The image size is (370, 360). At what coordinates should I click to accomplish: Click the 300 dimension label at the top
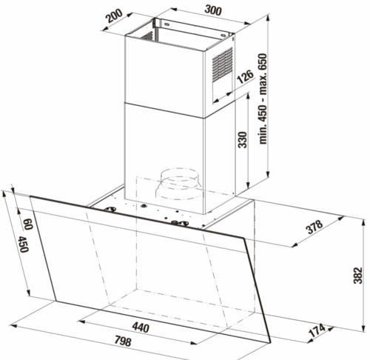213,10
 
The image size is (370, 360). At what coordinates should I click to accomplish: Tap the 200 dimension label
114,16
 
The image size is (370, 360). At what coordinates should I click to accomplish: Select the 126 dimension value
245,77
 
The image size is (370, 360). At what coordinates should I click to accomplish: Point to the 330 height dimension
243,140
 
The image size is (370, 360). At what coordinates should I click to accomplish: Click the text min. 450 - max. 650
263,99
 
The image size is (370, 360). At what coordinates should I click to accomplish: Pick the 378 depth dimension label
314,227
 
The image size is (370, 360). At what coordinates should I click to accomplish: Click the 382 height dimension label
357,276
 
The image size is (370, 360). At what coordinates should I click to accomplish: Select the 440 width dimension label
141,327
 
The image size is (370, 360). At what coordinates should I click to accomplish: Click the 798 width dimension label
123,341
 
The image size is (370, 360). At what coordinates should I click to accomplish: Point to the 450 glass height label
24,244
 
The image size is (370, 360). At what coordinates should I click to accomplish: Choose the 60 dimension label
28,224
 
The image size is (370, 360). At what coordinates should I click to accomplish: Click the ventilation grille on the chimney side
222,64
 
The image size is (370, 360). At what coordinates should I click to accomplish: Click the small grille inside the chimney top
147,36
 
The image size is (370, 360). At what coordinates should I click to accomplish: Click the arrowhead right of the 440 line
193,342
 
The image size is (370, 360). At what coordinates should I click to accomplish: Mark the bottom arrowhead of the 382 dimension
363,327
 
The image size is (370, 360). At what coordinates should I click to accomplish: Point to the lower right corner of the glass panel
271,342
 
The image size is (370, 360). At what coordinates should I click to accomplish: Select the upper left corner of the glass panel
30,196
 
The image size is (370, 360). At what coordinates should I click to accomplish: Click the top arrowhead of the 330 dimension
247,96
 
